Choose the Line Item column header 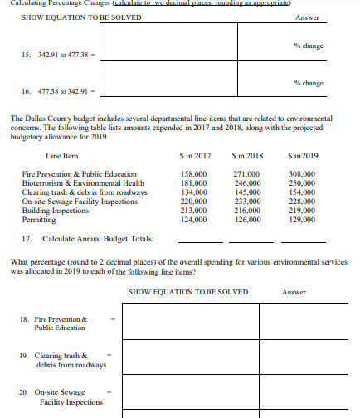coord(65,155)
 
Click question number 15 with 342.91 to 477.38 coord(51,55)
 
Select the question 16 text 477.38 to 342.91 coord(51,91)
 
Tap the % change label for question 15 coord(307,45)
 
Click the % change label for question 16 coord(307,83)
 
